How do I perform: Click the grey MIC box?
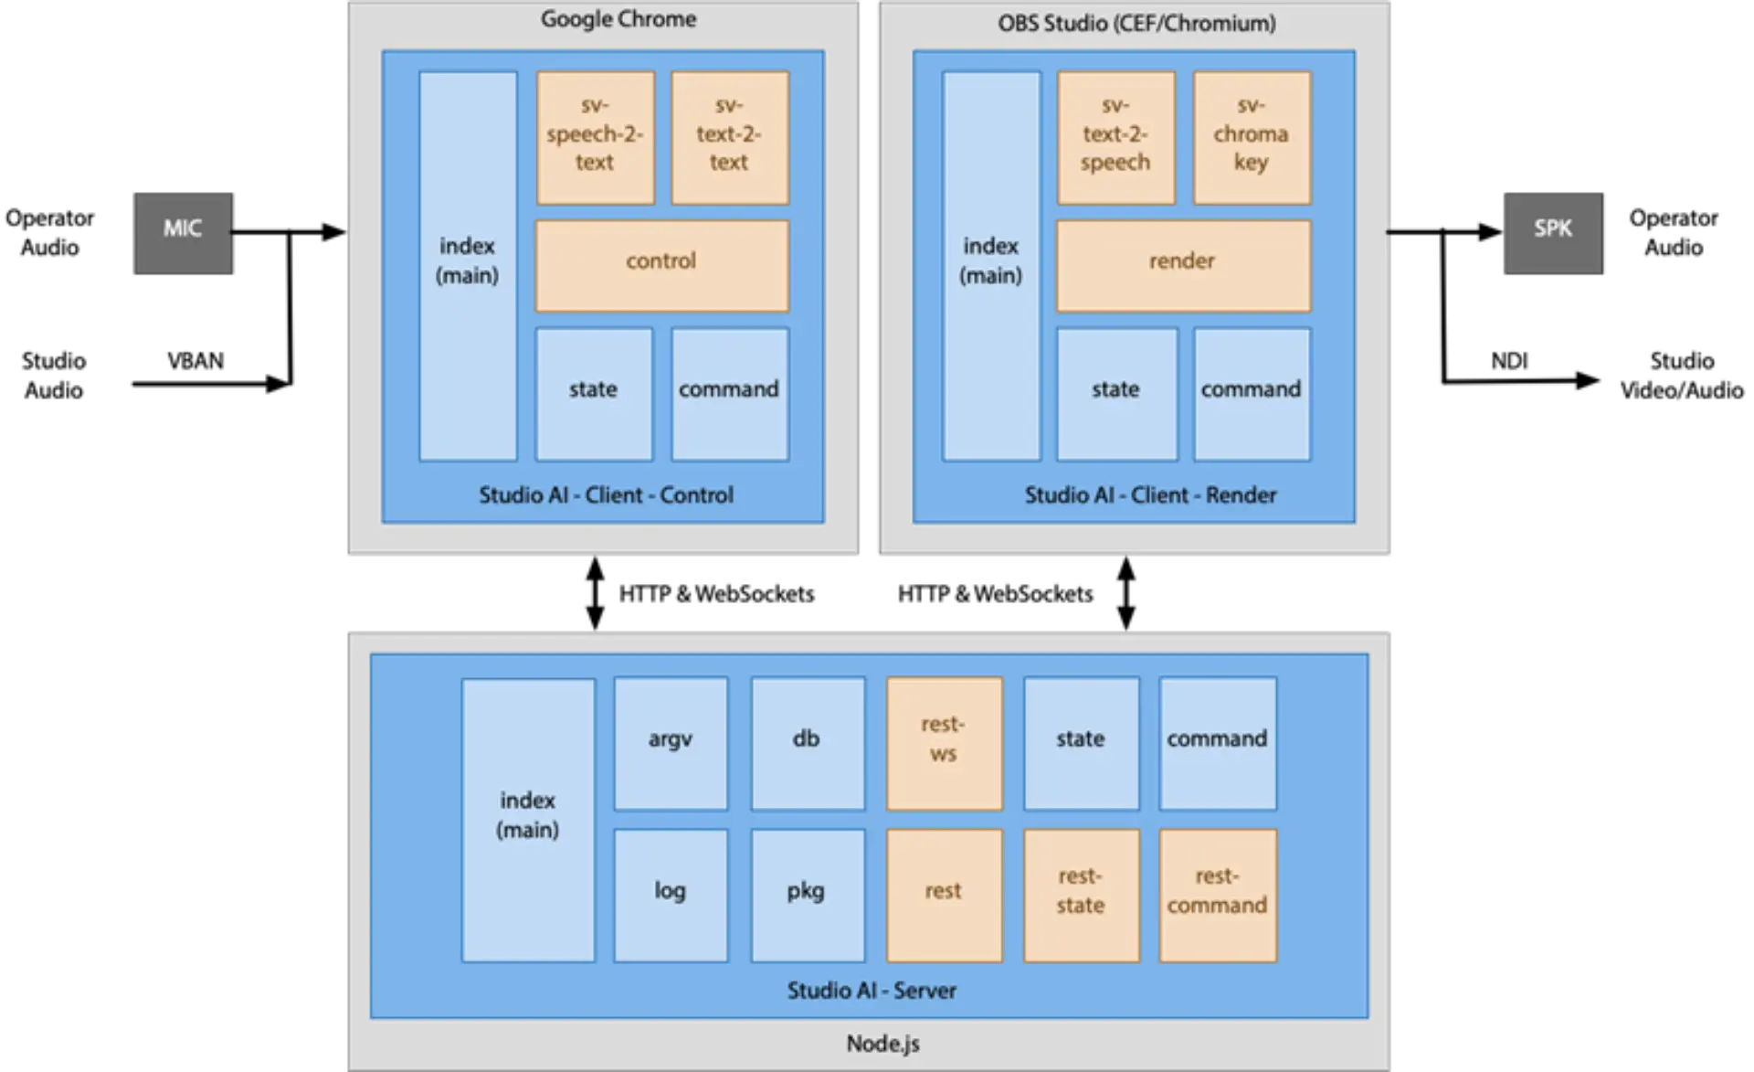click(x=183, y=233)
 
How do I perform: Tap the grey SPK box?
click(x=1552, y=233)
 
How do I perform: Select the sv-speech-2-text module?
click(x=596, y=137)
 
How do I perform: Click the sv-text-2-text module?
click(x=730, y=137)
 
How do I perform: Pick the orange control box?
click(x=661, y=265)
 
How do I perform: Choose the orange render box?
click(x=1183, y=265)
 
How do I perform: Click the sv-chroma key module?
click(x=1252, y=137)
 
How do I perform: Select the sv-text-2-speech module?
click(x=1115, y=137)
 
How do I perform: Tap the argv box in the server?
click(x=671, y=743)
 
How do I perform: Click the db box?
click(x=807, y=743)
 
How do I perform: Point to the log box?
click(x=671, y=895)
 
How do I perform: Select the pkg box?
click(x=807, y=895)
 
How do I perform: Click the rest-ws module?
click(x=944, y=743)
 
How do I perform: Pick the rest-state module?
click(x=1081, y=895)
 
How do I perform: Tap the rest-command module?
click(x=1217, y=895)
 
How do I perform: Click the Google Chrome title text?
click(x=618, y=19)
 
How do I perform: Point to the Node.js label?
click(x=882, y=1044)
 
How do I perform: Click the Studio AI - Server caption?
click(x=872, y=991)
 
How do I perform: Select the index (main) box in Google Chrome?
click(x=468, y=265)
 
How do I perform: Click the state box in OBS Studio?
click(x=1116, y=393)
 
